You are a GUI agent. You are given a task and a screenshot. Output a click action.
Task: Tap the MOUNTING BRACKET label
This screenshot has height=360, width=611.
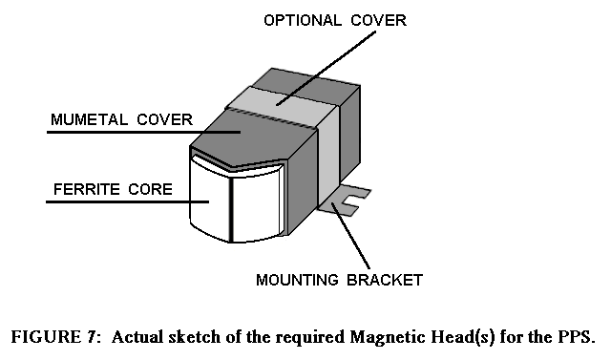[x=339, y=280]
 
